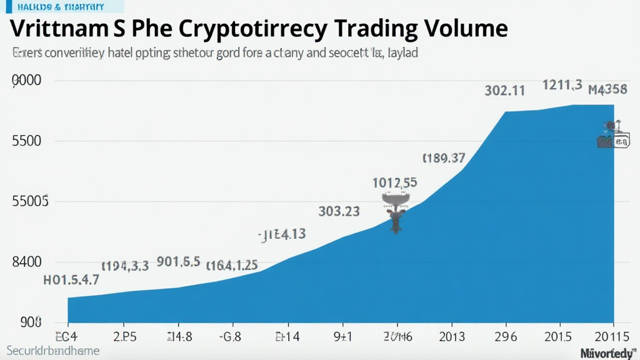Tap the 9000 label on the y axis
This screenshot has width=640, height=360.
[x=26, y=81]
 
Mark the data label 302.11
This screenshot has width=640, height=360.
[x=504, y=91]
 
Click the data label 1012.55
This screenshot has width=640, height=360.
[x=395, y=183]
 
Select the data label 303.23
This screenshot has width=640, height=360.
[x=339, y=211]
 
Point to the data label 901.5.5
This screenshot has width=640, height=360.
[x=178, y=261]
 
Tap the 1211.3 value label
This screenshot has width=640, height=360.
[x=562, y=85]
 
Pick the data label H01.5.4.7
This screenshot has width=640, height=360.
[x=71, y=280]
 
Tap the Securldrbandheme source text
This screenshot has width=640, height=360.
[x=54, y=351]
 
